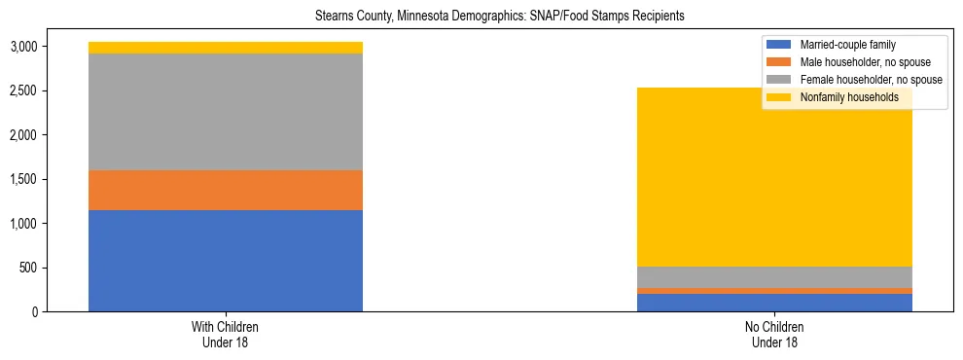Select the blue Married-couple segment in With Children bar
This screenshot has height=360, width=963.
(226, 260)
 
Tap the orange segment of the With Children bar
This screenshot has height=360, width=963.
(226, 190)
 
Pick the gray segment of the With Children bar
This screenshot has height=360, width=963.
(226, 112)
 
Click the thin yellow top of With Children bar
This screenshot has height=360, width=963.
(226, 48)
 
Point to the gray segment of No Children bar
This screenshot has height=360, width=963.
(774, 277)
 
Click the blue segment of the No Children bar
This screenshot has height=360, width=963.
(774, 303)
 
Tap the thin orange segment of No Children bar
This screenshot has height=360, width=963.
(774, 291)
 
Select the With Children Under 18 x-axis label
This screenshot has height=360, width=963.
(226, 335)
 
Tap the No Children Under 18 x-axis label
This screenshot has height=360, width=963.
(774, 335)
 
